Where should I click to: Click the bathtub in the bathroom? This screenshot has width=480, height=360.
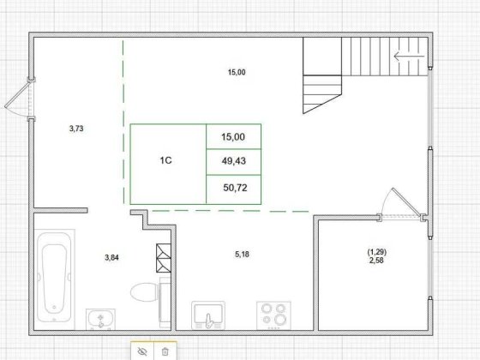(x=54, y=273)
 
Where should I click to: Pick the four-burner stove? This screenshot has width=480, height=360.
(x=275, y=315)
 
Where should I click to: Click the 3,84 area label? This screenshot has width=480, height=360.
(x=112, y=257)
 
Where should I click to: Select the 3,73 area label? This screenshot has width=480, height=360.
(x=75, y=129)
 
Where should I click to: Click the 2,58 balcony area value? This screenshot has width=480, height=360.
(x=376, y=260)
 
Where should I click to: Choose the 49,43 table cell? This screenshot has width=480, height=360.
(x=233, y=160)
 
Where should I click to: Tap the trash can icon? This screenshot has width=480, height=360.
(x=165, y=351)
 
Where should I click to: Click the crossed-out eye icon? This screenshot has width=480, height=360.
(x=142, y=351)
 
